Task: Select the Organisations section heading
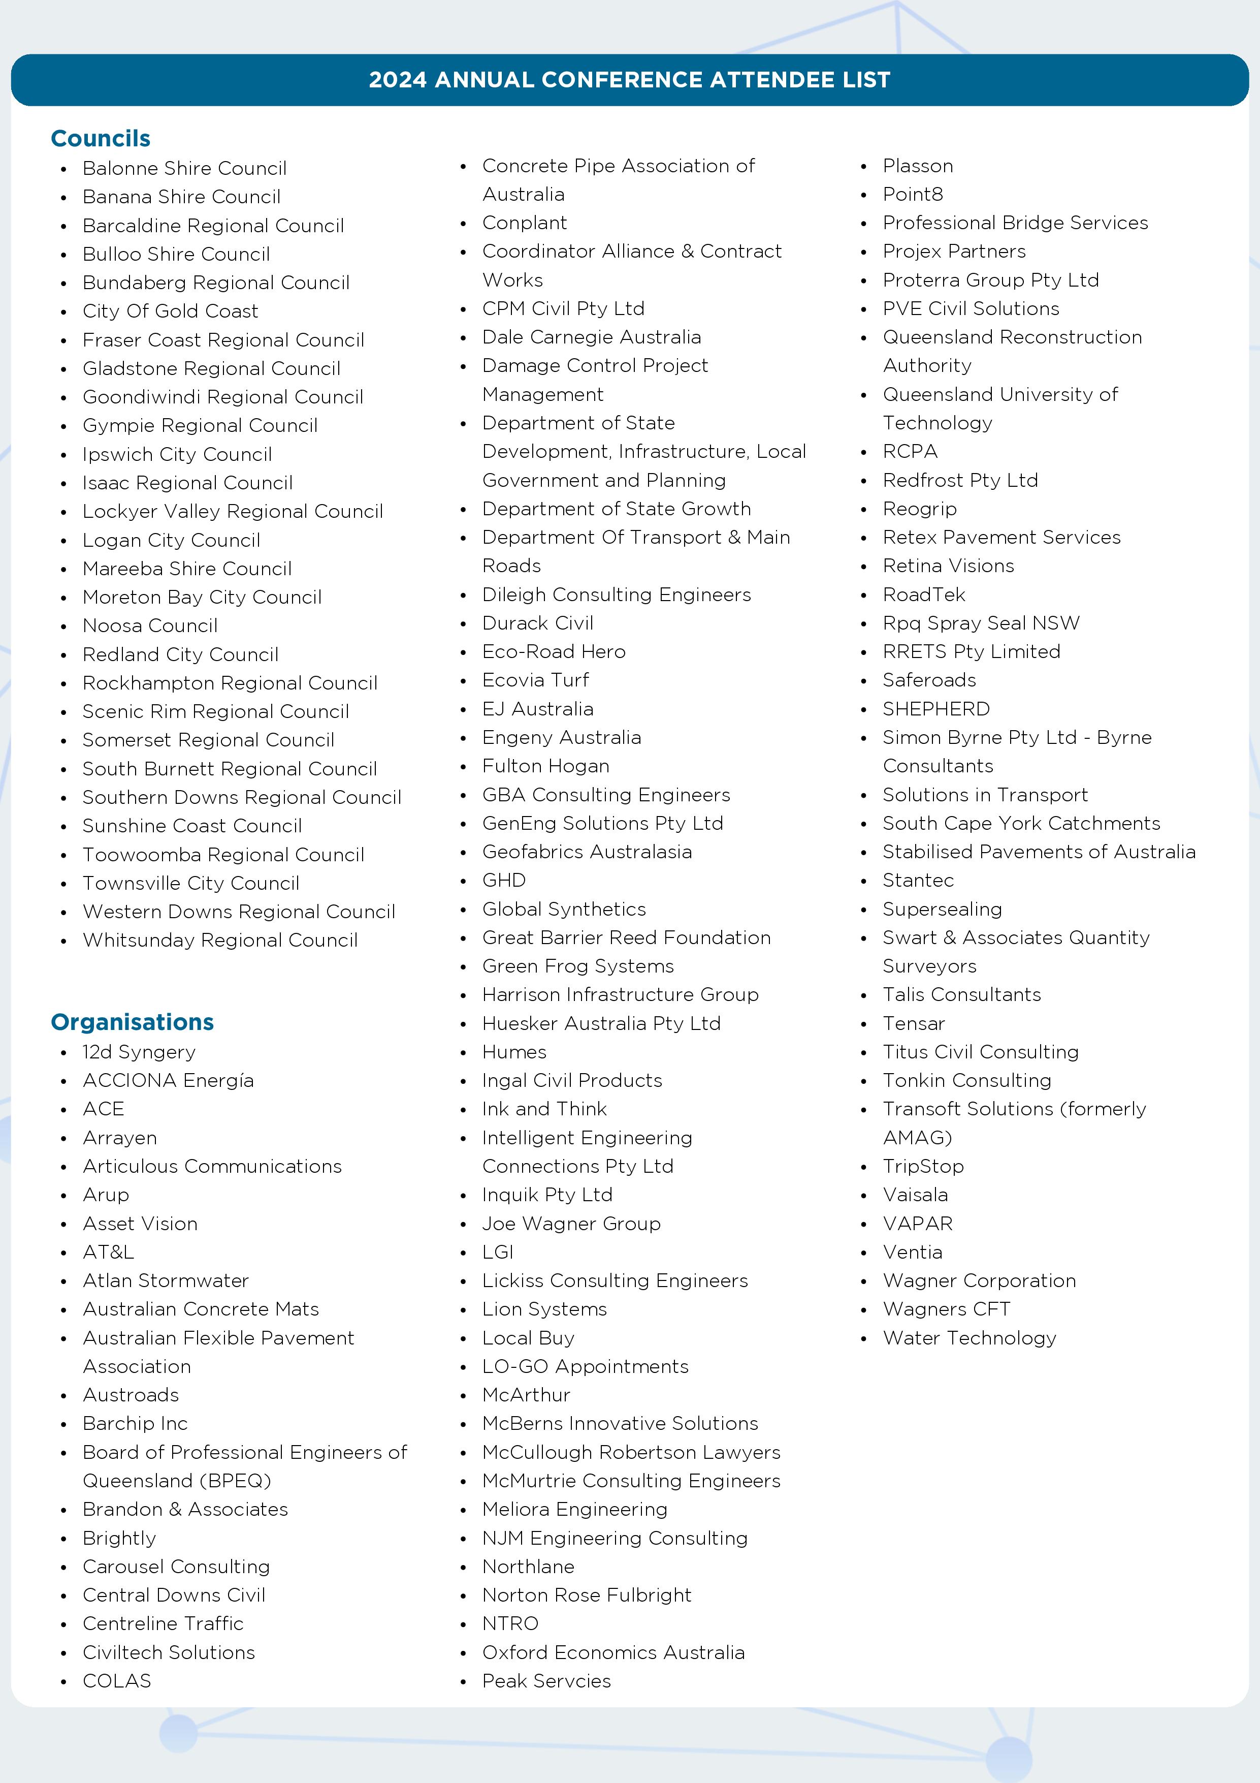tap(132, 1022)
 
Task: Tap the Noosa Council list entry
tap(150, 626)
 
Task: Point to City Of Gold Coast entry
tap(170, 311)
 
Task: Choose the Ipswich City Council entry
tap(177, 454)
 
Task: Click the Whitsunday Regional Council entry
tap(220, 941)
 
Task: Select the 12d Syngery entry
tap(139, 1052)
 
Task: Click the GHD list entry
tap(504, 881)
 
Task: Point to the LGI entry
tap(498, 1252)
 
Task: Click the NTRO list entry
tap(510, 1624)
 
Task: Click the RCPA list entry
tap(910, 452)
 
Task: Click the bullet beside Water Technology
tap(863, 1339)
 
